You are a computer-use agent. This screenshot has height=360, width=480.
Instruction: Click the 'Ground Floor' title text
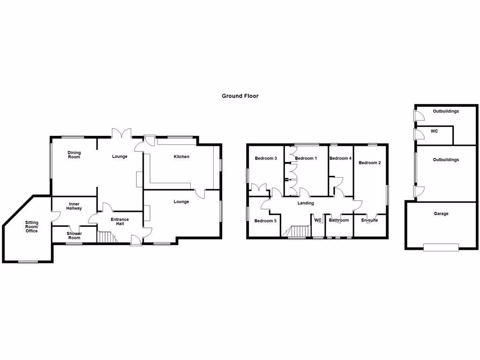pyautogui.click(x=240, y=96)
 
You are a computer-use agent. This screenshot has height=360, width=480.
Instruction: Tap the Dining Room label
pyautogui.click(x=74, y=155)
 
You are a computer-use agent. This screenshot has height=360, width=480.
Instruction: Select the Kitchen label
pyautogui.click(x=181, y=157)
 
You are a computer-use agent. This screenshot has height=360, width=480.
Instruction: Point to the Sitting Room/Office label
pyautogui.click(x=32, y=226)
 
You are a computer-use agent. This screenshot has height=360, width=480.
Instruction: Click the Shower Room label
pyautogui.click(x=74, y=235)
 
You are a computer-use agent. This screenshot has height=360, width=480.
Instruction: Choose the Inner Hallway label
pyautogui.click(x=74, y=206)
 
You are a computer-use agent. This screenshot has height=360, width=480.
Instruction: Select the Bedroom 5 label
pyautogui.click(x=266, y=221)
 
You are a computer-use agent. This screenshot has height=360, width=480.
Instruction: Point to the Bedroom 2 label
pyautogui.click(x=369, y=163)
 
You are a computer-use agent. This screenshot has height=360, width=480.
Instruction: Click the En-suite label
pyautogui.click(x=369, y=220)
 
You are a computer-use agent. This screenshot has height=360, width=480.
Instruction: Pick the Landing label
pyautogui.click(x=306, y=203)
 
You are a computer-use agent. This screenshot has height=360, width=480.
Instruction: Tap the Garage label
pyautogui.click(x=441, y=214)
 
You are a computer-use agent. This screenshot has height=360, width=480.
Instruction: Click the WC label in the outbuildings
pyautogui.click(x=434, y=131)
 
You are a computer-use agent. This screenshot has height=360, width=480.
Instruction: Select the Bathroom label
pyautogui.click(x=338, y=220)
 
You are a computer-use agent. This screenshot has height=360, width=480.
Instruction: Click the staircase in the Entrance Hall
pyautogui.click(x=106, y=237)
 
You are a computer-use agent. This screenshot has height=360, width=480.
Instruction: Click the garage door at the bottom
pyautogui.click(x=441, y=247)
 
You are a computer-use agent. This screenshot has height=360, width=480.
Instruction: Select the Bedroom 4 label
pyautogui.click(x=340, y=158)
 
